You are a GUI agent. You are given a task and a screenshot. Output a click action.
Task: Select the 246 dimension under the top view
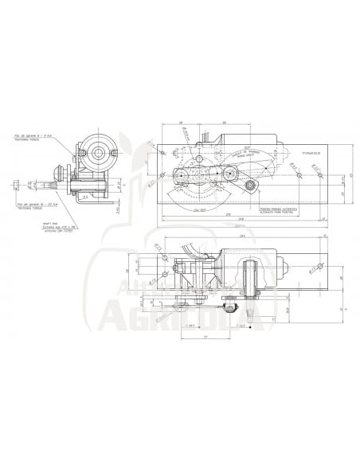click(x=239, y=224)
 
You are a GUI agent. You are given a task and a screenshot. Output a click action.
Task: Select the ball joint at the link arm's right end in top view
click(x=252, y=187)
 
